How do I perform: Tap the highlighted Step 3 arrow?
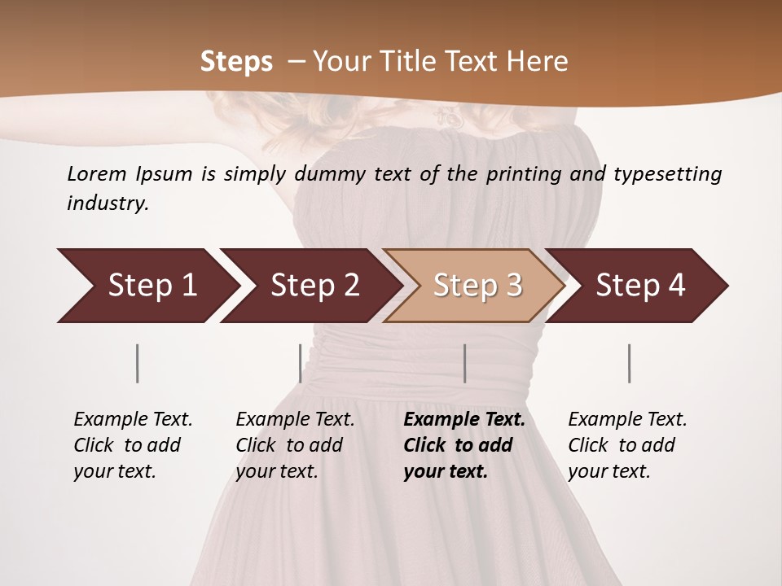(477, 286)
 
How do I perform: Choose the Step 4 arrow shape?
(640, 286)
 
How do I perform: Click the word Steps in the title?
(236, 62)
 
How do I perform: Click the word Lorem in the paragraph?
(97, 173)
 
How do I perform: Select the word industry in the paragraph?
(107, 203)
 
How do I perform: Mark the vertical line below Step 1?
(138, 363)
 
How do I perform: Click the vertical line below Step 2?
(301, 363)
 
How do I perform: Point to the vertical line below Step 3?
(464, 363)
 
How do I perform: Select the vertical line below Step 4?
(630, 363)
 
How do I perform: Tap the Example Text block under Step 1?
(133, 445)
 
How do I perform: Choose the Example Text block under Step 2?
(295, 445)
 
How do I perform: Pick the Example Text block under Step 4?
(627, 445)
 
